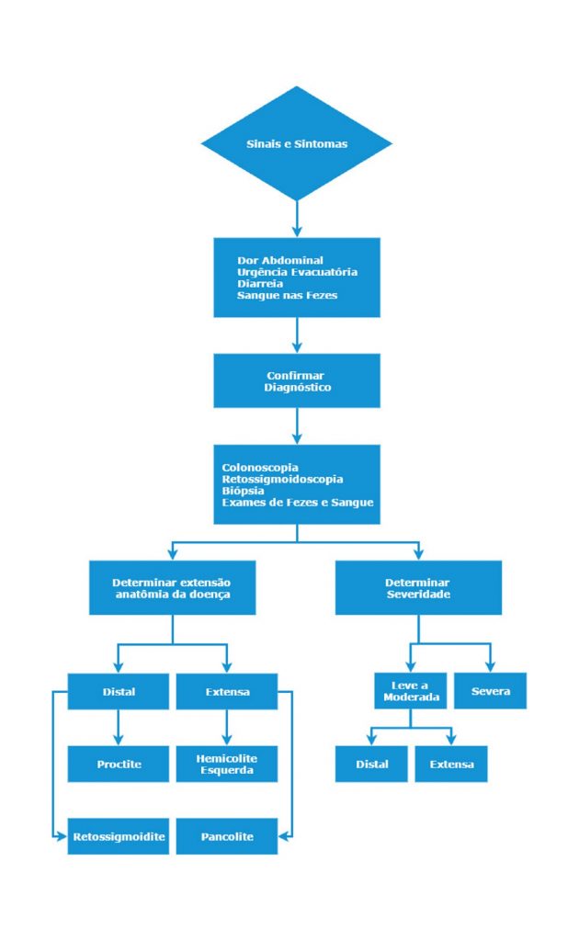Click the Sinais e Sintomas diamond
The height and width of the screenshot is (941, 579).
click(297, 143)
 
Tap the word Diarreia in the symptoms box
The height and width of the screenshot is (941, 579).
click(260, 284)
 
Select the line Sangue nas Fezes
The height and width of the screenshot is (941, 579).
click(287, 295)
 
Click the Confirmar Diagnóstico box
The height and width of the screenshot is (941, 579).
click(297, 381)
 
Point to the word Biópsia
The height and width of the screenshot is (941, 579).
click(243, 491)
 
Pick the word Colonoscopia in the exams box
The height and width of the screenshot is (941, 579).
click(260, 468)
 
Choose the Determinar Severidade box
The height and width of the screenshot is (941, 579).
click(418, 588)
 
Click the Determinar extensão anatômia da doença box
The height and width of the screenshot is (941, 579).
click(172, 588)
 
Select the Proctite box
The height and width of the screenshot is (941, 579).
click(119, 764)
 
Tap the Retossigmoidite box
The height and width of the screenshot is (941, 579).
click(119, 836)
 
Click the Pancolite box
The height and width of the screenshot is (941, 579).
click(227, 836)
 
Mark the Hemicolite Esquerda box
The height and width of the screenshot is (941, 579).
click(227, 764)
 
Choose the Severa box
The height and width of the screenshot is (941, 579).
click(490, 691)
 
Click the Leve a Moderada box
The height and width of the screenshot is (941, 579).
click(411, 691)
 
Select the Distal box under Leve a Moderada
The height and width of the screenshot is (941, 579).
click(371, 764)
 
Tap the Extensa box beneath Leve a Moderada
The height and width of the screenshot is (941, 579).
click(451, 764)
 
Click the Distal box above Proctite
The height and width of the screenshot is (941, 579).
click(119, 691)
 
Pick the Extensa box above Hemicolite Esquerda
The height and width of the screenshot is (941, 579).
click(227, 691)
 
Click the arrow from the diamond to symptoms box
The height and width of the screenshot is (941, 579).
click(297, 219)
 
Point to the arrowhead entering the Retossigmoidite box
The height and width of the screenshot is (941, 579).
click(62, 836)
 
